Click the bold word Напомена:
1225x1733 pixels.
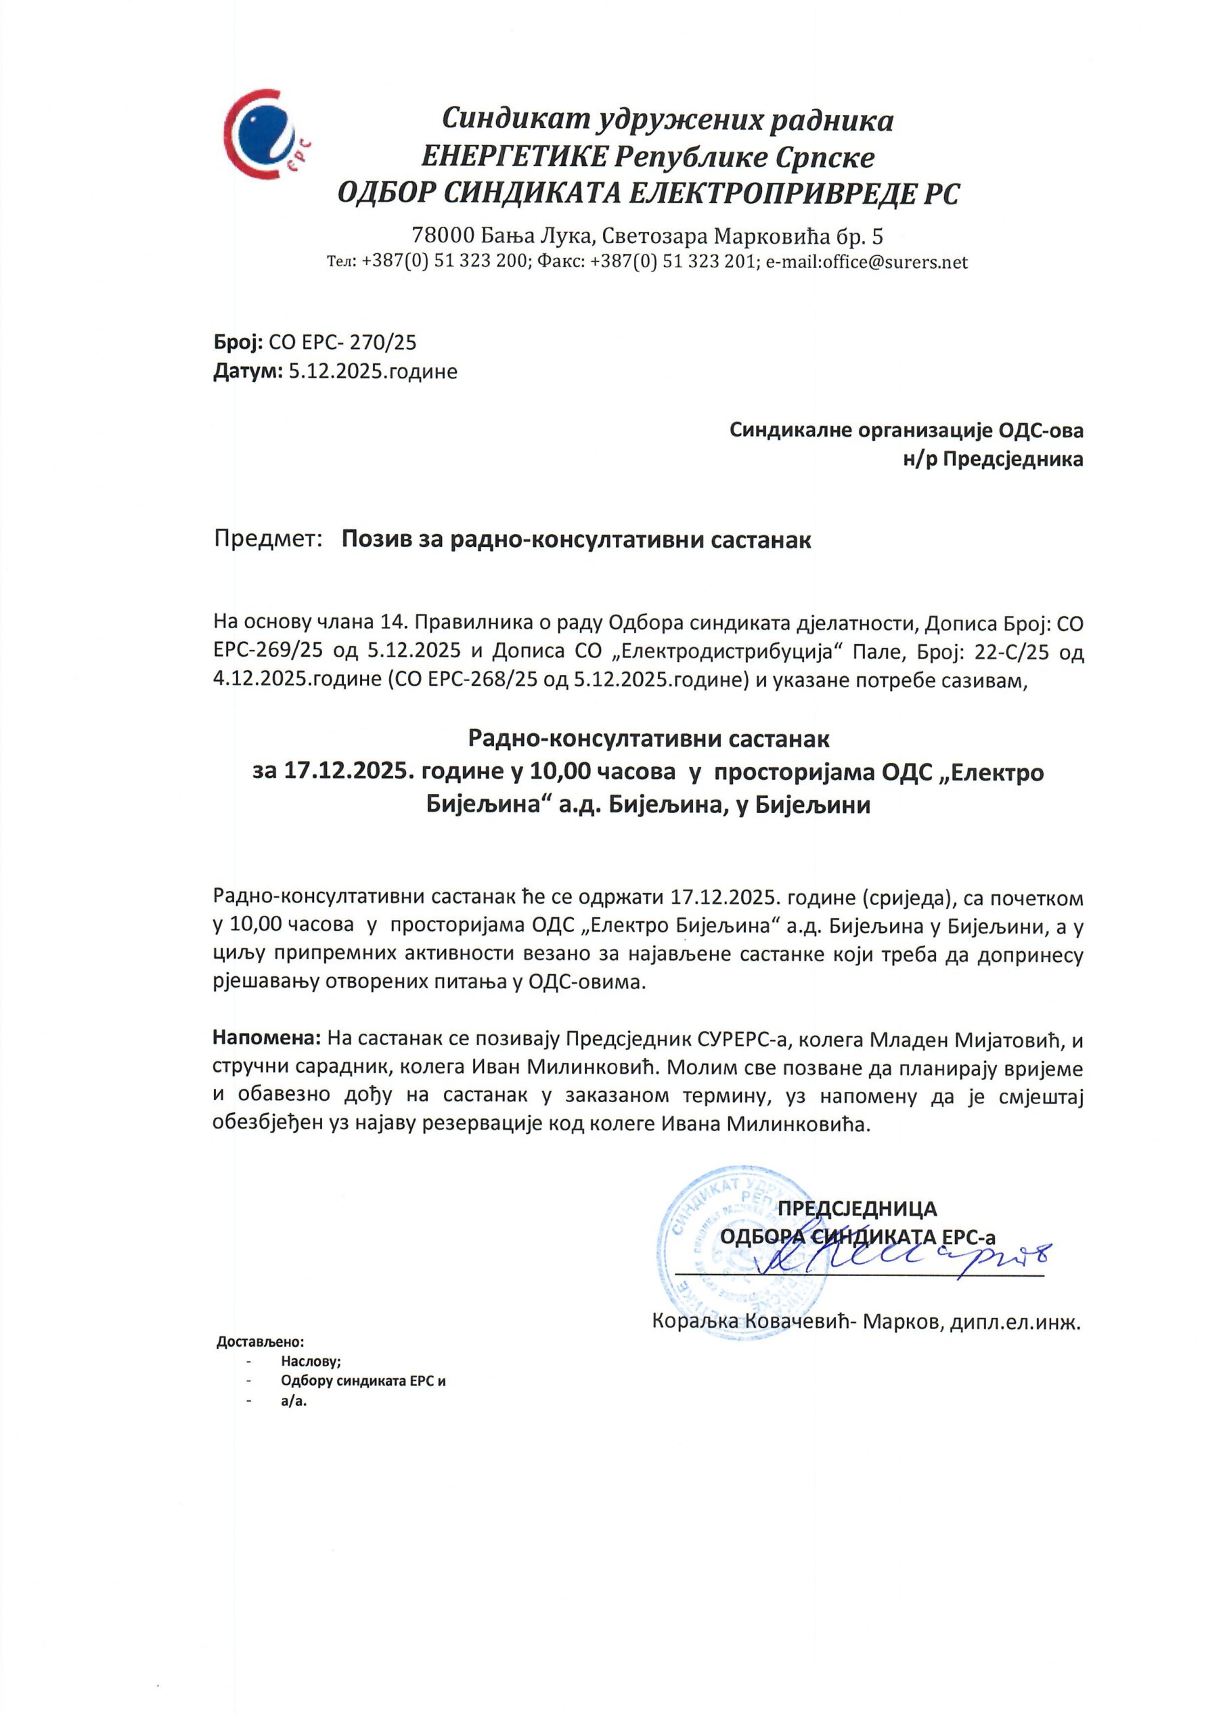(x=268, y=1040)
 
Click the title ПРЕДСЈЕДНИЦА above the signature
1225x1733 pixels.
(x=857, y=1208)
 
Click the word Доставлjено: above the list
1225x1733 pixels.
(x=261, y=1342)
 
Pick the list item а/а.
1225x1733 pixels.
(x=294, y=1401)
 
